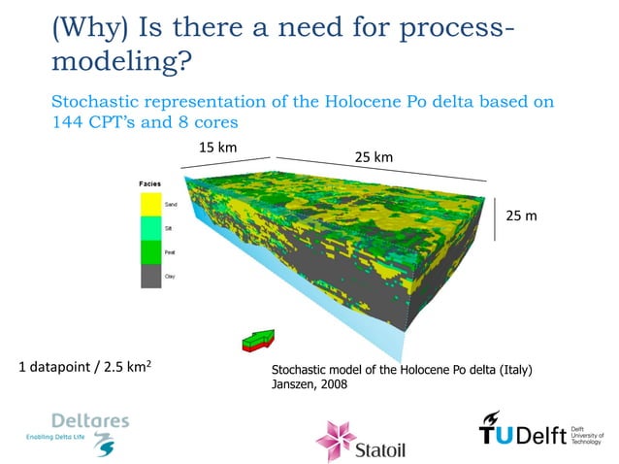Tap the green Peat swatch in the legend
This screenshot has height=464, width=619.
[x=151, y=252]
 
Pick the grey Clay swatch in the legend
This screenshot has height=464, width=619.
[x=151, y=277]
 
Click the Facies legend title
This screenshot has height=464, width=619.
[x=148, y=183]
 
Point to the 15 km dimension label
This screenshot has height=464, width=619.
[x=217, y=148]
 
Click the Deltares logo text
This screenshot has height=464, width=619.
[x=89, y=421]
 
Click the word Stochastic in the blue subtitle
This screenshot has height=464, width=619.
[x=100, y=101]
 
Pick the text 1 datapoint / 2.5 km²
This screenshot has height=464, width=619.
[x=84, y=368]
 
